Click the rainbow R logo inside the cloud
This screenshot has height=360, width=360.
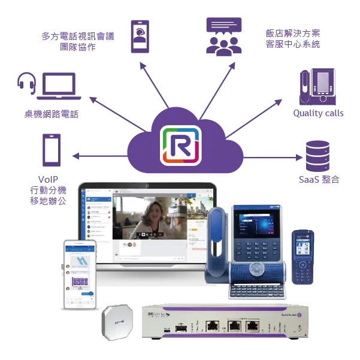coord(180,144)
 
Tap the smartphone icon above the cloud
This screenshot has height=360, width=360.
coord(140,37)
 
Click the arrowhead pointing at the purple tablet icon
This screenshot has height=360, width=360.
coord(74,158)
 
